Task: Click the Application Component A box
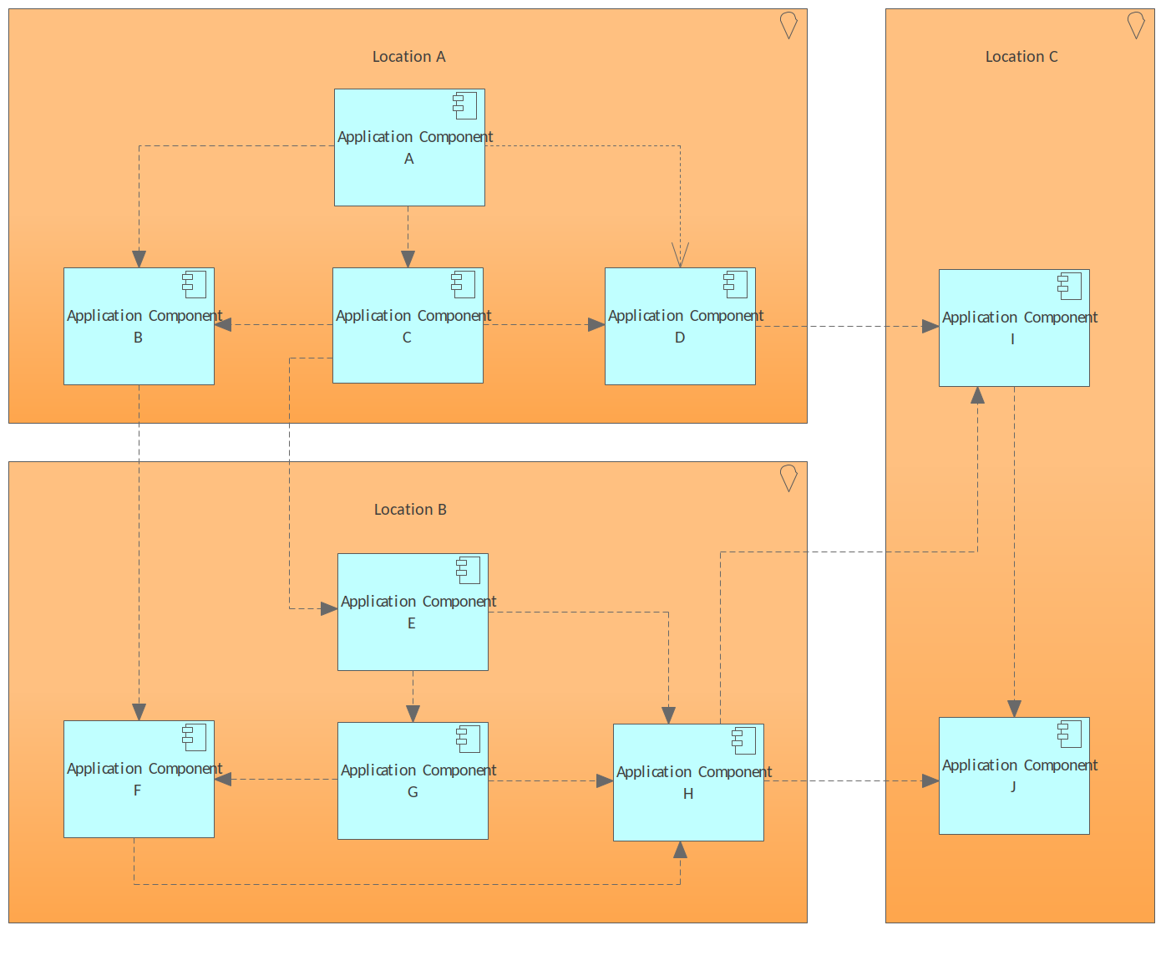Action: click(409, 148)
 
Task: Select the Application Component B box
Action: click(139, 327)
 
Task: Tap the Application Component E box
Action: click(413, 613)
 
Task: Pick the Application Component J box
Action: click(1014, 776)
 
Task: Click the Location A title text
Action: click(408, 57)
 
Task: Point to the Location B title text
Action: click(410, 510)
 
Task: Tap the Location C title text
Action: click(1021, 57)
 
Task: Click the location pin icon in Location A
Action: click(788, 25)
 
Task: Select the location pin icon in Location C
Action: click(1135, 25)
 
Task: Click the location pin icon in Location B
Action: click(788, 478)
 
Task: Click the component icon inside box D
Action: click(736, 285)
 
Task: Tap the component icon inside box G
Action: click(469, 740)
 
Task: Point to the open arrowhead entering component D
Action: click(680, 256)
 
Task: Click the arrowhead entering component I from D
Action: click(930, 327)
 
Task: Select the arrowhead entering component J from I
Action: click(1014, 709)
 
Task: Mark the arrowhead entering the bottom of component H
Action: click(680, 851)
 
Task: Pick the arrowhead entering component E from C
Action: click(328, 609)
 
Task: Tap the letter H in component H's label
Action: click(688, 794)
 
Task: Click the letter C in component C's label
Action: click(407, 338)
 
